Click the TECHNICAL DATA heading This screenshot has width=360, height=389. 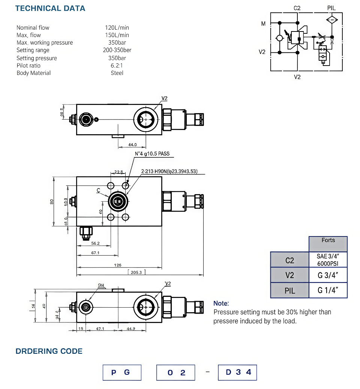coord(50,8)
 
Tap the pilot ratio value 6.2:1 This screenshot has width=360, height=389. coord(117,66)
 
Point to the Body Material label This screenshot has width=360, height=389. coord(34,73)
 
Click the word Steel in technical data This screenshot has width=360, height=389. coord(117,73)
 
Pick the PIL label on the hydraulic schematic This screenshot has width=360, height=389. coord(331,8)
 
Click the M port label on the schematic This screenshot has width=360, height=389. coord(263,24)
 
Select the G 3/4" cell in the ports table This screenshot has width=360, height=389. coord(328,275)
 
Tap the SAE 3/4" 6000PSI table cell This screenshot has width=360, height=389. coord(328,260)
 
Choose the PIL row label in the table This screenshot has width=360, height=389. coord(289,290)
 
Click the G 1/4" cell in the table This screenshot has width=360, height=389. coord(328,290)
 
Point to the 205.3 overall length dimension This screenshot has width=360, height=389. coord(136,272)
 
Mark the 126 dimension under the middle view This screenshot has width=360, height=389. coord(118,265)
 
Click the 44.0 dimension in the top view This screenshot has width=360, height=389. coord(132,145)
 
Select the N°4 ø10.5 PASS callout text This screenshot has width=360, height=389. coord(152,154)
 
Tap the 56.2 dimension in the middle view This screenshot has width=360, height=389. coord(95,243)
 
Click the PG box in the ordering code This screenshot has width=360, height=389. coord(122,373)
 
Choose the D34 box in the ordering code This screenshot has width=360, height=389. coord(237,373)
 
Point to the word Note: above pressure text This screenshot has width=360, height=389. coord(221,304)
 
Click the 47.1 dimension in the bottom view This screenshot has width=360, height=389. coord(100,329)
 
